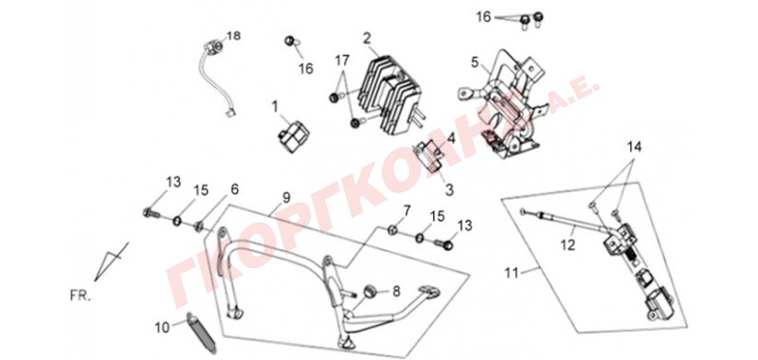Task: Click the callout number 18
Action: (233, 36)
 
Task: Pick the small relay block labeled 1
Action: (293, 134)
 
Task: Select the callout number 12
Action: (568, 245)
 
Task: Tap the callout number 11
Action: (512, 274)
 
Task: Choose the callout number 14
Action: (635, 148)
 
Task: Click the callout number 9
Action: (286, 197)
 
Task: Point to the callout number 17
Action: (342, 61)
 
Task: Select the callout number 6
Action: (234, 189)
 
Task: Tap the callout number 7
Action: (406, 211)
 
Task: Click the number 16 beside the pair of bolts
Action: (483, 17)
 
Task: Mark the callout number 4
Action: (451, 138)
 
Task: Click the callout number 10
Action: (162, 328)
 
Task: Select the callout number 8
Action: (396, 292)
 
